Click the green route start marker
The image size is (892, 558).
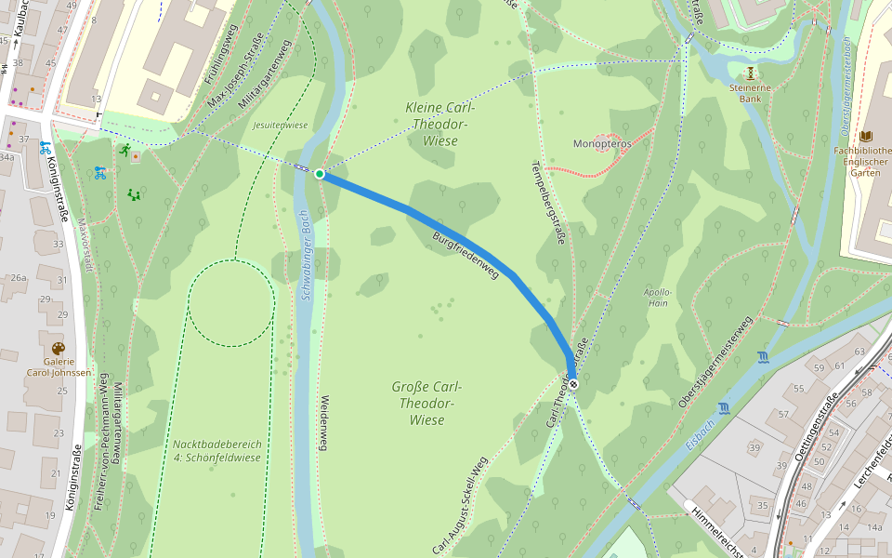320,174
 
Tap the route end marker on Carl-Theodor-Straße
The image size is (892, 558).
573,383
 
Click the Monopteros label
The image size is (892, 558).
602,144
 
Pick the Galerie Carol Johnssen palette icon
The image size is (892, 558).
59,349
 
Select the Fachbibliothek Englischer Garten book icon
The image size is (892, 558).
867,136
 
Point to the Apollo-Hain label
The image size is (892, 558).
657,297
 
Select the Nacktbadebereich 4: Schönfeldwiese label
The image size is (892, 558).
217,450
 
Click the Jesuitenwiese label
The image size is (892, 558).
280,125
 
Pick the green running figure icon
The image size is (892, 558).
125,150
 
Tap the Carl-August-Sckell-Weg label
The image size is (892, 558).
459,507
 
